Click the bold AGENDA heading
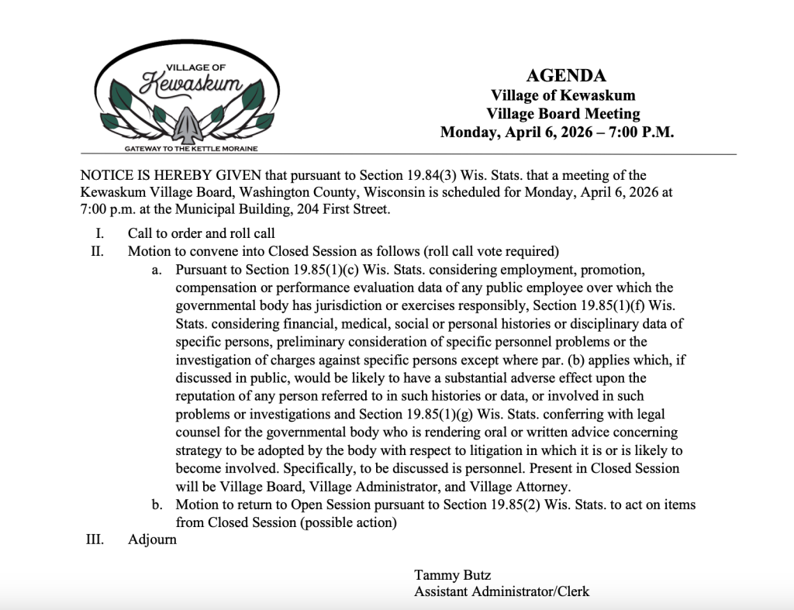pos(566,75)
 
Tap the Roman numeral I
pos(100,233)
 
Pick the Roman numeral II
pos(98,251)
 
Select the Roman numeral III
pos(95,539)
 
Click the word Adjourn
pos(152,539)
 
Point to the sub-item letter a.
pos(156,270)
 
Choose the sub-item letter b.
pos(157,505)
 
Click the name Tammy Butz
pos(453,575)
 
